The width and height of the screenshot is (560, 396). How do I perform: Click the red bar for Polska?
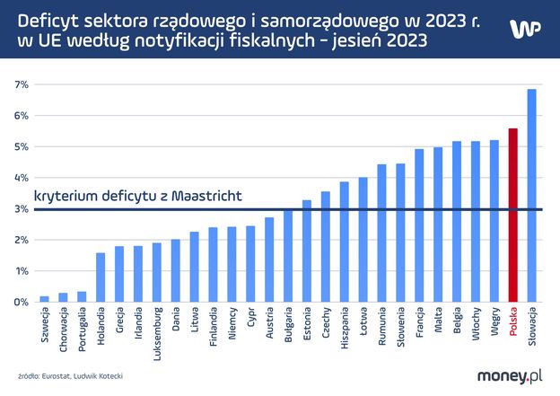point(512,216)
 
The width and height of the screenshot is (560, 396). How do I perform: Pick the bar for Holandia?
point(101,277)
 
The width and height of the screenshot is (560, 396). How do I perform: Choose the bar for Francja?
point(419,225)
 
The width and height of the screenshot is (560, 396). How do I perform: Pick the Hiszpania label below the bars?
point(344,329)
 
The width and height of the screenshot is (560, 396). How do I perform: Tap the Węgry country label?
point(494,322)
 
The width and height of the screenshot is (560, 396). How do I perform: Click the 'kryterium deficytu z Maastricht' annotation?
point(137,195)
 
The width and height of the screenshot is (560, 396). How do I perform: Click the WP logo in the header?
point(525,28)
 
